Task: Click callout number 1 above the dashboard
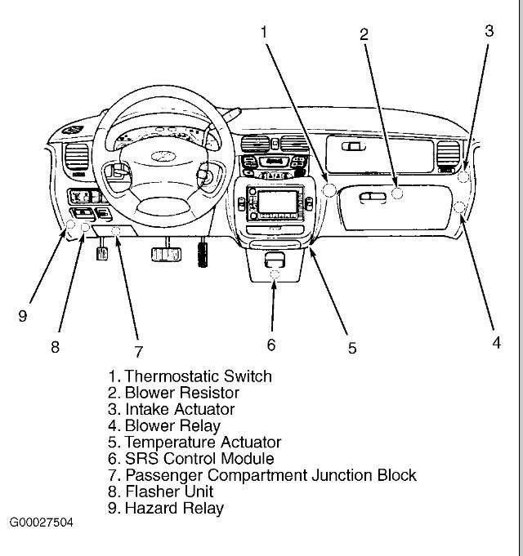point(264,32)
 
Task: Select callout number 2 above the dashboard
point(364,34)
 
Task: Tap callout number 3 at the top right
point(489,31)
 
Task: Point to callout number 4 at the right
point(496,343)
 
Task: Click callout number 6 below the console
point(271,345)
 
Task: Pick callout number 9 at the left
point(23,316)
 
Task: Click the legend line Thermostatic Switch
point(190,376)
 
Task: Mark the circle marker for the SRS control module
point(275,274)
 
